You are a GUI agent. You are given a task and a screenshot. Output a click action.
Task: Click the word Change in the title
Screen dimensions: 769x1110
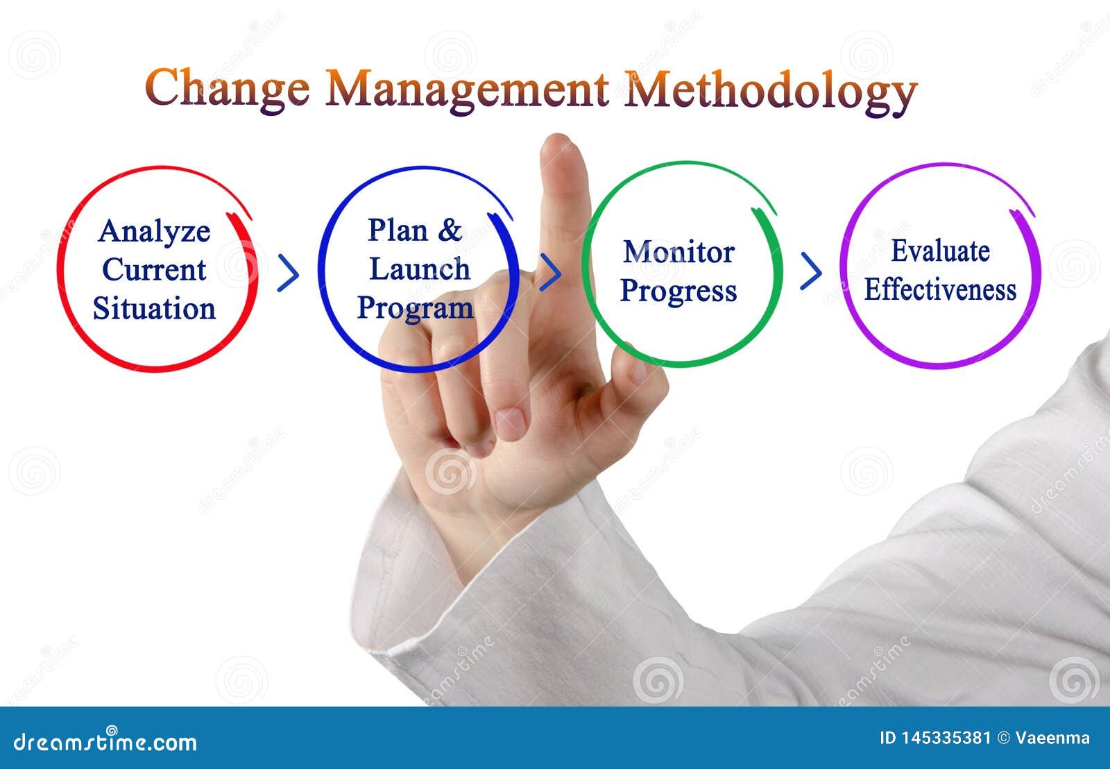click(227, 89)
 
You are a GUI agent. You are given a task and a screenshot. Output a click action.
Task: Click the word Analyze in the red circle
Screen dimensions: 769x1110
click(154, 232)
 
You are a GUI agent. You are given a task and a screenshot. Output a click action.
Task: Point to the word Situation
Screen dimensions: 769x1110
click(154, 309)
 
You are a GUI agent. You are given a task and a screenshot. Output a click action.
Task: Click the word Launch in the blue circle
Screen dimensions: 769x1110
click(419, 269)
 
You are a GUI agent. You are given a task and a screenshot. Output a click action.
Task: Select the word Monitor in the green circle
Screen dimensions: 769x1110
click(678, 252)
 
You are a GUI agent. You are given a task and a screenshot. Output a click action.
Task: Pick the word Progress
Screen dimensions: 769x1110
click(678, 291)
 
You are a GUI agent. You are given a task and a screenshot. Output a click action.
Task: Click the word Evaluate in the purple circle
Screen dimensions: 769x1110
click(940, 251)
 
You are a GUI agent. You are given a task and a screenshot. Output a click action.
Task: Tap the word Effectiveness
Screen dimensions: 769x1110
click(940, 289)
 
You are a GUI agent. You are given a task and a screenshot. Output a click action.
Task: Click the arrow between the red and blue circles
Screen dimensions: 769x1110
click(288, 273)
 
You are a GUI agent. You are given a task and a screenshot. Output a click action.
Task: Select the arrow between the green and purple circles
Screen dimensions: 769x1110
click(810, 271)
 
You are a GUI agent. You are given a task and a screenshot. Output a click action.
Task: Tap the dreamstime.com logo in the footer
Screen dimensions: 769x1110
click(105, 741)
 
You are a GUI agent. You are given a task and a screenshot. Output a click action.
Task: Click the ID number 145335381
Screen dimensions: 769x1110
click(945, 738)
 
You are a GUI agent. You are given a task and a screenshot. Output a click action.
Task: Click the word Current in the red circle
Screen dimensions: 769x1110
click(154, 270)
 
